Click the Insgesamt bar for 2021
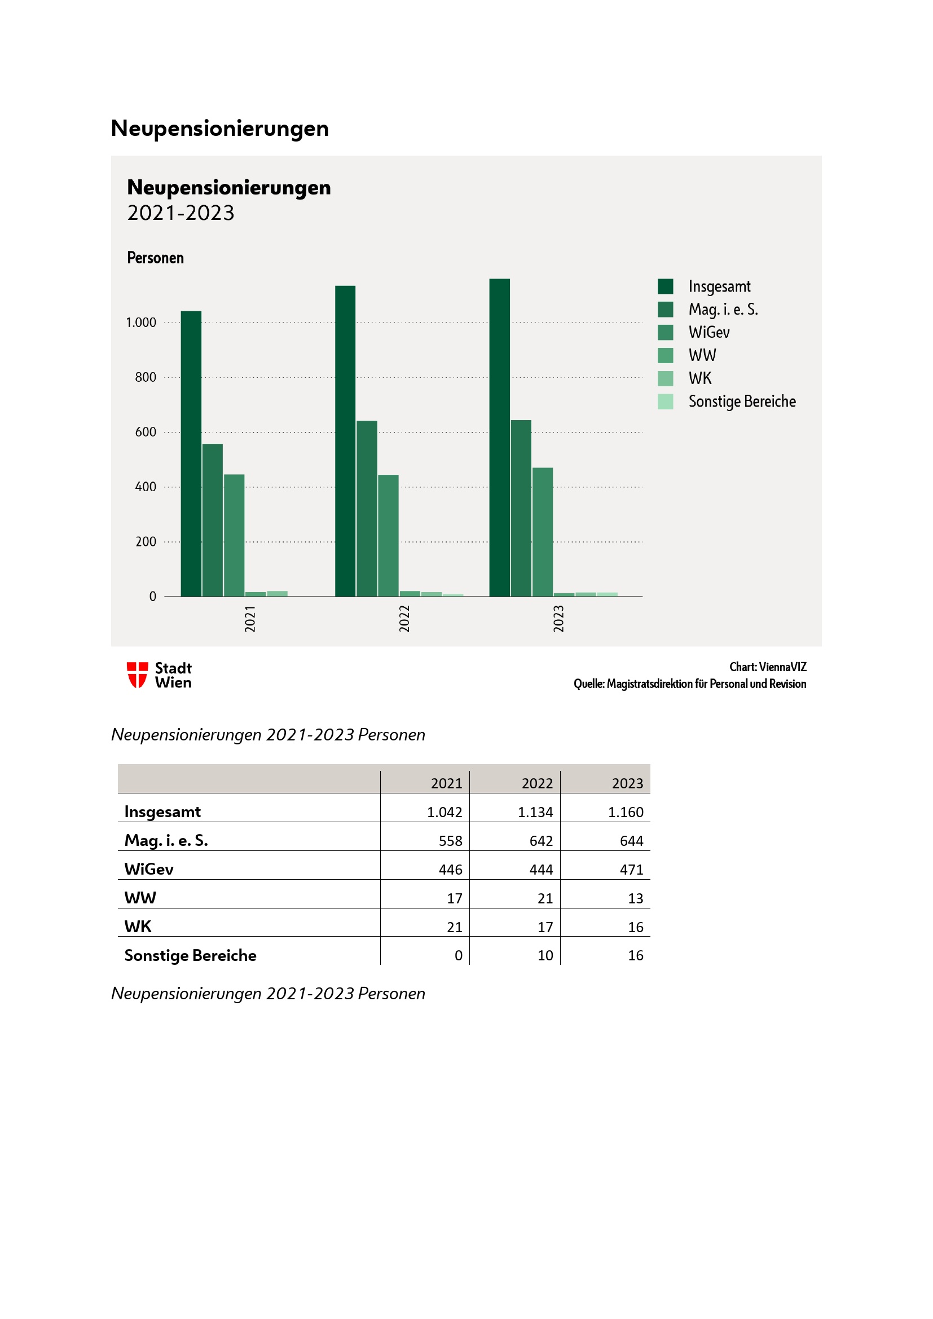click(x=191, y=453)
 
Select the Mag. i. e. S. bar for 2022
click(x=367, y=509)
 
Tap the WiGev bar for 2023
click(x=542, y=532)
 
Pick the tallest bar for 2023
click(x=499, y=437)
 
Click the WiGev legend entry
click(x=709, y=333)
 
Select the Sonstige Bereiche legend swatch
click(x=665, y=402)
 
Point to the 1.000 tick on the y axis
click(x=142, y=323)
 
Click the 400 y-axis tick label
click(x=146, y=487)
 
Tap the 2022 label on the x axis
click(x=404, y=619)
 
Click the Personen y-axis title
click(x=155, y=258)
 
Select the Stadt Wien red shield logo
click(x=137, y=675)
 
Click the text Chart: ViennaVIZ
click(x=768, y=667)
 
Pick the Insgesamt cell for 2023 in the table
click(x=626, y=812)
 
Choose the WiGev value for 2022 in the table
click(x=540, y=870)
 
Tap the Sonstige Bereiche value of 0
click(x=458, y=955)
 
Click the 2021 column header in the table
click(x=446, y=784)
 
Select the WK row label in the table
click(x=138, y=927)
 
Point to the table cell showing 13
click(x=635, y=898)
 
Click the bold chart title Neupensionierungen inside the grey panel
click(x=228, y=188)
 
